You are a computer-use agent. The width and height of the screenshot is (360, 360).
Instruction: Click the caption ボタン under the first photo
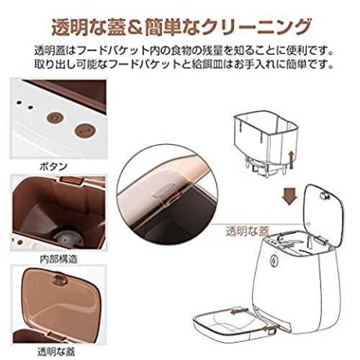[x=53, y=166]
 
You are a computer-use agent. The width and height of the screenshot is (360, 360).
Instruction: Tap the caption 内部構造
[x=59, y=259]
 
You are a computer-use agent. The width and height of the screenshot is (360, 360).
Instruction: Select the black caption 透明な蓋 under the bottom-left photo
[x=57, y=351]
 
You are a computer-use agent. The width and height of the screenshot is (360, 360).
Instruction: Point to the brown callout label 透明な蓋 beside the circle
[x=247, y=231]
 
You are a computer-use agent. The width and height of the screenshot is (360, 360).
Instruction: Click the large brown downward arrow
[x=289, y=196]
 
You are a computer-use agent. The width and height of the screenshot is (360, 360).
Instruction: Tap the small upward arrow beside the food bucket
[x=291, y=160]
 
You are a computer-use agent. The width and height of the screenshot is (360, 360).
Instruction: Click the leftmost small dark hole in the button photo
[x=19, y=103]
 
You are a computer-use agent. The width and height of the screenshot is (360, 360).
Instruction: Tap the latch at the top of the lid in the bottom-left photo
[x=60, y=279]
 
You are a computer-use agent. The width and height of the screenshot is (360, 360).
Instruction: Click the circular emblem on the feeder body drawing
[x=273, y=261]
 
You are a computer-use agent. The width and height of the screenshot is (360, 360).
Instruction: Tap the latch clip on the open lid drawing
[x=325, y=196]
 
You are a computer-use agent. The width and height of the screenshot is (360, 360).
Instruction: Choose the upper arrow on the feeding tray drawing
[x=240, y=311]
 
